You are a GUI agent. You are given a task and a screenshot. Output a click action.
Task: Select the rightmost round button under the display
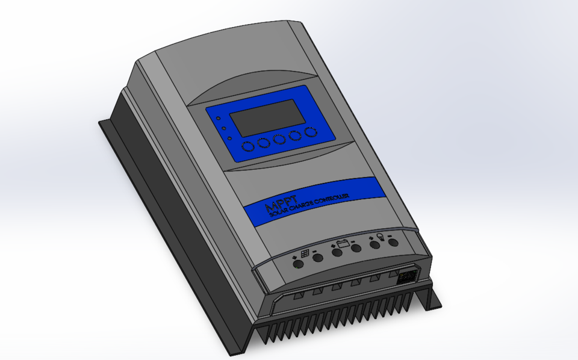pyautogui.click(x=311, y=132)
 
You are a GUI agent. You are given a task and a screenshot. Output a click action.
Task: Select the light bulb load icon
pyautogui.click(x=381, y=237)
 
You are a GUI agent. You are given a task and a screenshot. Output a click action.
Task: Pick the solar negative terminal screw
pyautogui.click(x=317, y=258)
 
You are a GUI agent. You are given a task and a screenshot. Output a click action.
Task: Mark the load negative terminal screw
pyautogui.click(x=393, y=241)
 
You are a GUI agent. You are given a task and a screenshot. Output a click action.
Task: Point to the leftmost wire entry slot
pyautogui.click(x=297, y=296)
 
